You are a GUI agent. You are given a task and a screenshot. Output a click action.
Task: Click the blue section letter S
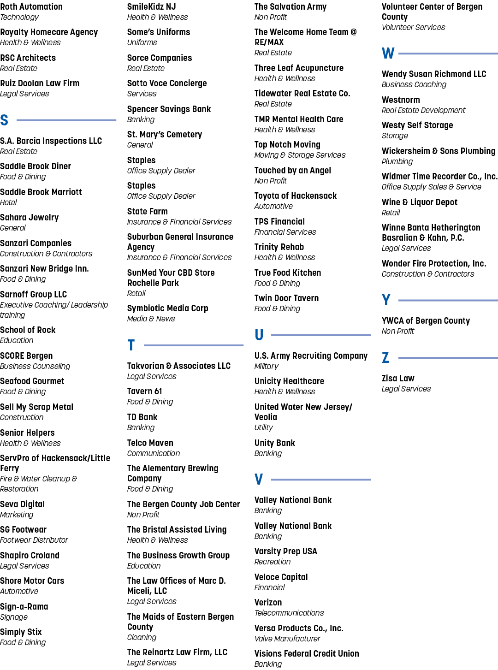pyautogui.click(x=4, y=120)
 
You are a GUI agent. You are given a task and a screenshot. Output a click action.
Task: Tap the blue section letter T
pyautogui.click(x=131, y=345)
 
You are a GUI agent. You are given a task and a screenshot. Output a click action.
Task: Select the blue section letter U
pyautogui.click(x=259, y=335)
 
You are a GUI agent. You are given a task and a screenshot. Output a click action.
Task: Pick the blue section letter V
pyautogui.click(x=259, y=479)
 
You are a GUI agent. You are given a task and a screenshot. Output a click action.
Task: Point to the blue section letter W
pyautogui.click(x=388, y=53)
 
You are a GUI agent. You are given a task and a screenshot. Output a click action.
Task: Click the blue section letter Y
pyautogui.click(x=386, y=300)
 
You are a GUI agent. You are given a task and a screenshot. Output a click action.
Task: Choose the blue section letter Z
pyautogui.click(x=385, y=357)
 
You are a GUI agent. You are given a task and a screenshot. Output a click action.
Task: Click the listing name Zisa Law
pyautogui.click(x=398, y=378)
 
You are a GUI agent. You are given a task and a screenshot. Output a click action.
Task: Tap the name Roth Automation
pyautogui.click(x=31, y=6)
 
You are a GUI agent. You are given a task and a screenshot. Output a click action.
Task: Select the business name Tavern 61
pyautogui.click(x=144, y=391)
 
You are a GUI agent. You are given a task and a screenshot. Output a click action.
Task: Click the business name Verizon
pyautogui.click(x=268, y=602)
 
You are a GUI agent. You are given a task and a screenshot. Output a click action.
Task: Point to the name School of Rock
pyautogui.click(x=28, y=330)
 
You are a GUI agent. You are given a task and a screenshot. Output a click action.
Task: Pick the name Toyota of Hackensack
pyautogui.click(x=296, y=196)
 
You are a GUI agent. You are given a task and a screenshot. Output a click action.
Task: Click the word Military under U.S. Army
pyautogui.click(x=266, y=366)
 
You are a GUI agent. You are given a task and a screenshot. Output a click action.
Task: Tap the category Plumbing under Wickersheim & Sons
pyautogui.click(x=397, y=161)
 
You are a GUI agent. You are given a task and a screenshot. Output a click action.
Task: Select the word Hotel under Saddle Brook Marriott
pyautogui.click(x=8, y=202)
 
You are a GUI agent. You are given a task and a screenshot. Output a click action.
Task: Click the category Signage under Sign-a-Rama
pyautogui.click(x=14, y=617)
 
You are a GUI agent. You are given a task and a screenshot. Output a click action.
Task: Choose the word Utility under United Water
pyautogui.click(x=263, y=427)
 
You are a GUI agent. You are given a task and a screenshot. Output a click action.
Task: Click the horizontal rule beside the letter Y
pyautogui.click(x=448, y=300)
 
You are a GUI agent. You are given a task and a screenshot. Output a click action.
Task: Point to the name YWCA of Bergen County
pyautogui.click(x=426, y=320)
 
